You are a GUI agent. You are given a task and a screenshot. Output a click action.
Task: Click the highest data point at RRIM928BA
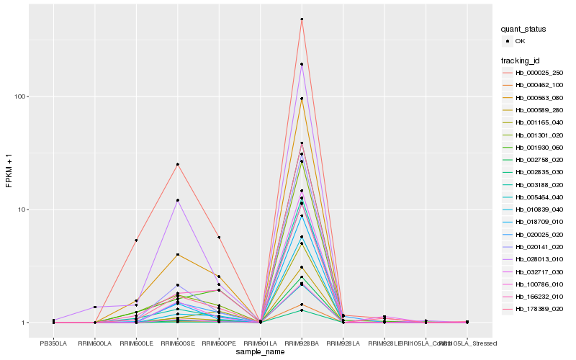pyautogui.click(x=302, y=19)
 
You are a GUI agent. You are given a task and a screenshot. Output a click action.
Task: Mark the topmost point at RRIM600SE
pyautogui.click(x=177, y=164)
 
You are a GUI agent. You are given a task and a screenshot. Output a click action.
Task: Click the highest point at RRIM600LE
pyautogui.click(x=135, y=240)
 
